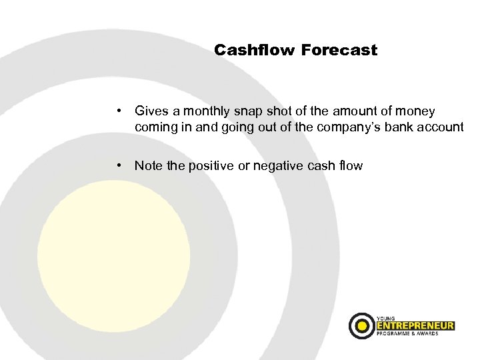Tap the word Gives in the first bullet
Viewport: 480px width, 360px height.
coord(151,111)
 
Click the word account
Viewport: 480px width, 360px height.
coord(440,127)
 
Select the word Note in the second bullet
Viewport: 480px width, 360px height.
coord(149,165)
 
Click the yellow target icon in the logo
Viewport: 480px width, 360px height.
coord(362,326)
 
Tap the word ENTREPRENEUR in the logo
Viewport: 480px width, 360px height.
coord(416,326)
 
